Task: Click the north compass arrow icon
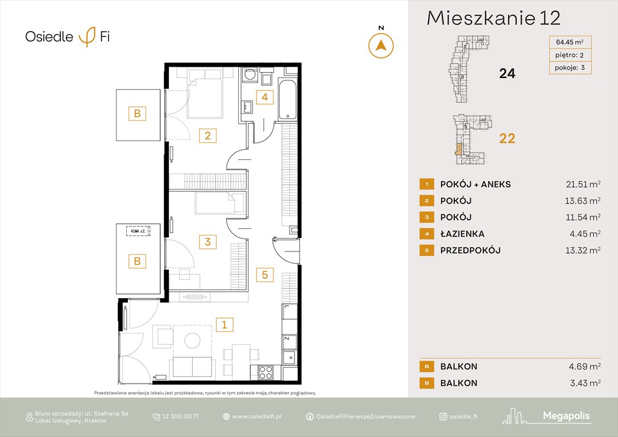[x=381, y=46]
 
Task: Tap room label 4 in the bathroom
[x=264, y=97]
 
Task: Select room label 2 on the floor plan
[x=208, y=135]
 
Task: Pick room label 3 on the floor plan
[x=208, y=242]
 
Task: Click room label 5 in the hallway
[x=264, y=275]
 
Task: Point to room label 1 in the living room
[x=225, y=325]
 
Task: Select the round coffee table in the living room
[x=192, y=341]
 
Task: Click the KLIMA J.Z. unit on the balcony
[x=139, y=231]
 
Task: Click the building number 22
[x=507, y=138]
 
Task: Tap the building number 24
[x=507, y=73]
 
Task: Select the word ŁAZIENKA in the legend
[x=462, y=233]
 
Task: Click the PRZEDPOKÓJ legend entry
[x=470, y=250]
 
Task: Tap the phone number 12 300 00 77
[x=180, y=417]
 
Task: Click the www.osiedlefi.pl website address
[x=257, y=417]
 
